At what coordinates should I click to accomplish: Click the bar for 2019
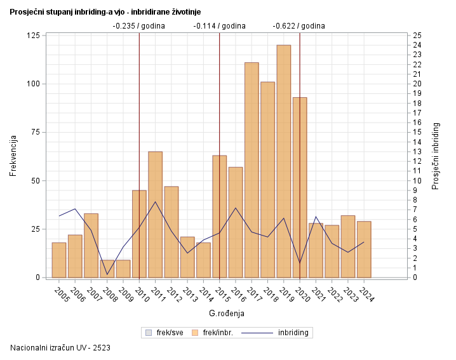283,161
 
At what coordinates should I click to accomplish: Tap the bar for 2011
155,215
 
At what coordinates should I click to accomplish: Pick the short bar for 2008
107,269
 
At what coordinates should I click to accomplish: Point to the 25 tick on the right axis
417,36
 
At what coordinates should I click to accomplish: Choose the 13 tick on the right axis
417,152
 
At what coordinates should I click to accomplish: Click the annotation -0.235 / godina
138,26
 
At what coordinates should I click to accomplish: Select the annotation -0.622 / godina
298,26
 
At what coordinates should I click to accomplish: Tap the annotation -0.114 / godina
219,26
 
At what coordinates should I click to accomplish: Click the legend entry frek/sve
167,332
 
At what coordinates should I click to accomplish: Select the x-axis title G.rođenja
227,314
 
